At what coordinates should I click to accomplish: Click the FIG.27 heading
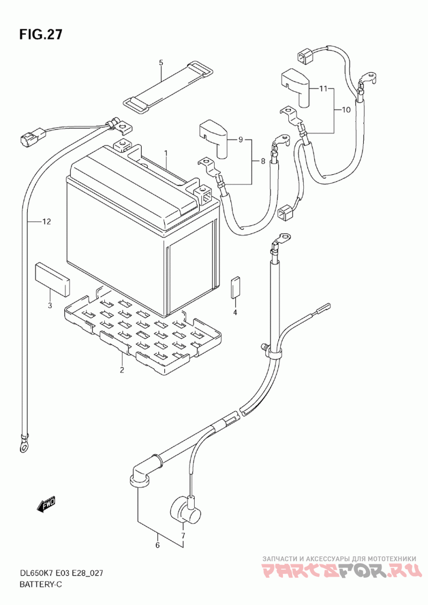pos(41,34)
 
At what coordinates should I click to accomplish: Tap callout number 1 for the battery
pos(166,153)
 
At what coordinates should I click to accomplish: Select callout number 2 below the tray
pos(121,370)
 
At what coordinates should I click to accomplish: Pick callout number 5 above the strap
pos(161,62)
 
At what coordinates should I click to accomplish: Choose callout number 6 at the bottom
pos(157,545)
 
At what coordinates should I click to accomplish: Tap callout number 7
pos(183,536)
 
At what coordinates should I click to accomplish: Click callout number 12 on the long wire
pos(47,221)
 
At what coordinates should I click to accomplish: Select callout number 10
pos(346,110)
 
